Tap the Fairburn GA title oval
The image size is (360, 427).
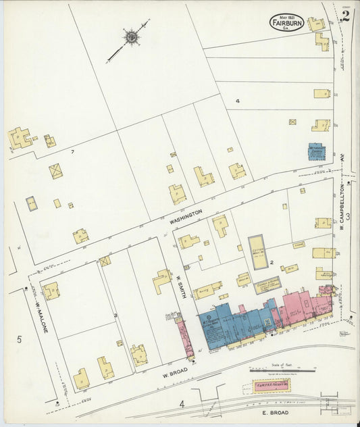286,23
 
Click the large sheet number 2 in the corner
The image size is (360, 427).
344,16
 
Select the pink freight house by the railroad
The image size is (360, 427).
271,385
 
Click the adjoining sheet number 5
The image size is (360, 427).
19,339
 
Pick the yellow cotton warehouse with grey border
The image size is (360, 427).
257,252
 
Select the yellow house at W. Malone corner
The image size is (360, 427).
51,291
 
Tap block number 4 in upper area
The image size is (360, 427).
237,101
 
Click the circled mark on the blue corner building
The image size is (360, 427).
209,318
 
